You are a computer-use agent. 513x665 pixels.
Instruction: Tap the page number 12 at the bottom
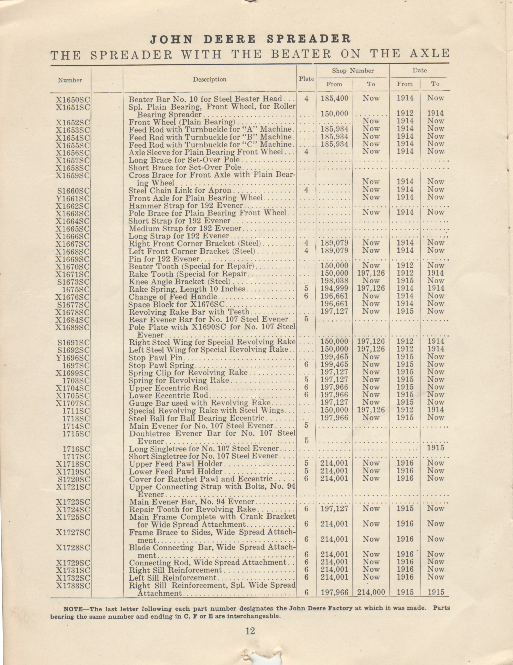(250, 631)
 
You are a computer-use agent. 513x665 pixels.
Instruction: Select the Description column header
(210, 79)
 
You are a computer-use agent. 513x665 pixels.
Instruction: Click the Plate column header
(306, 79)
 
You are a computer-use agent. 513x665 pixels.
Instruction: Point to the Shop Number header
(353, 71)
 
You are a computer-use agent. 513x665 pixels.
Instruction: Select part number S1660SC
(74, 191)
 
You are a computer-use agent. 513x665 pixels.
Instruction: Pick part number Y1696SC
(73, 358)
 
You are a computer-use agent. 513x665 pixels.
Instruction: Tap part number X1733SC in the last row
(73, 586)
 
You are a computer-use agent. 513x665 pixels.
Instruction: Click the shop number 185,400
(334, 98)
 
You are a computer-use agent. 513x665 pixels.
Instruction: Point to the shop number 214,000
(371, 592)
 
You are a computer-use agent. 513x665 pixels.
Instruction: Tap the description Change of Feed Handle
(173, 297)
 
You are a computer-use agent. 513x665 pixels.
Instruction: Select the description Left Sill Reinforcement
(173, 578)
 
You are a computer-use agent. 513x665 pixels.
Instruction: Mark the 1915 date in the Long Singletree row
(436, 448)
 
